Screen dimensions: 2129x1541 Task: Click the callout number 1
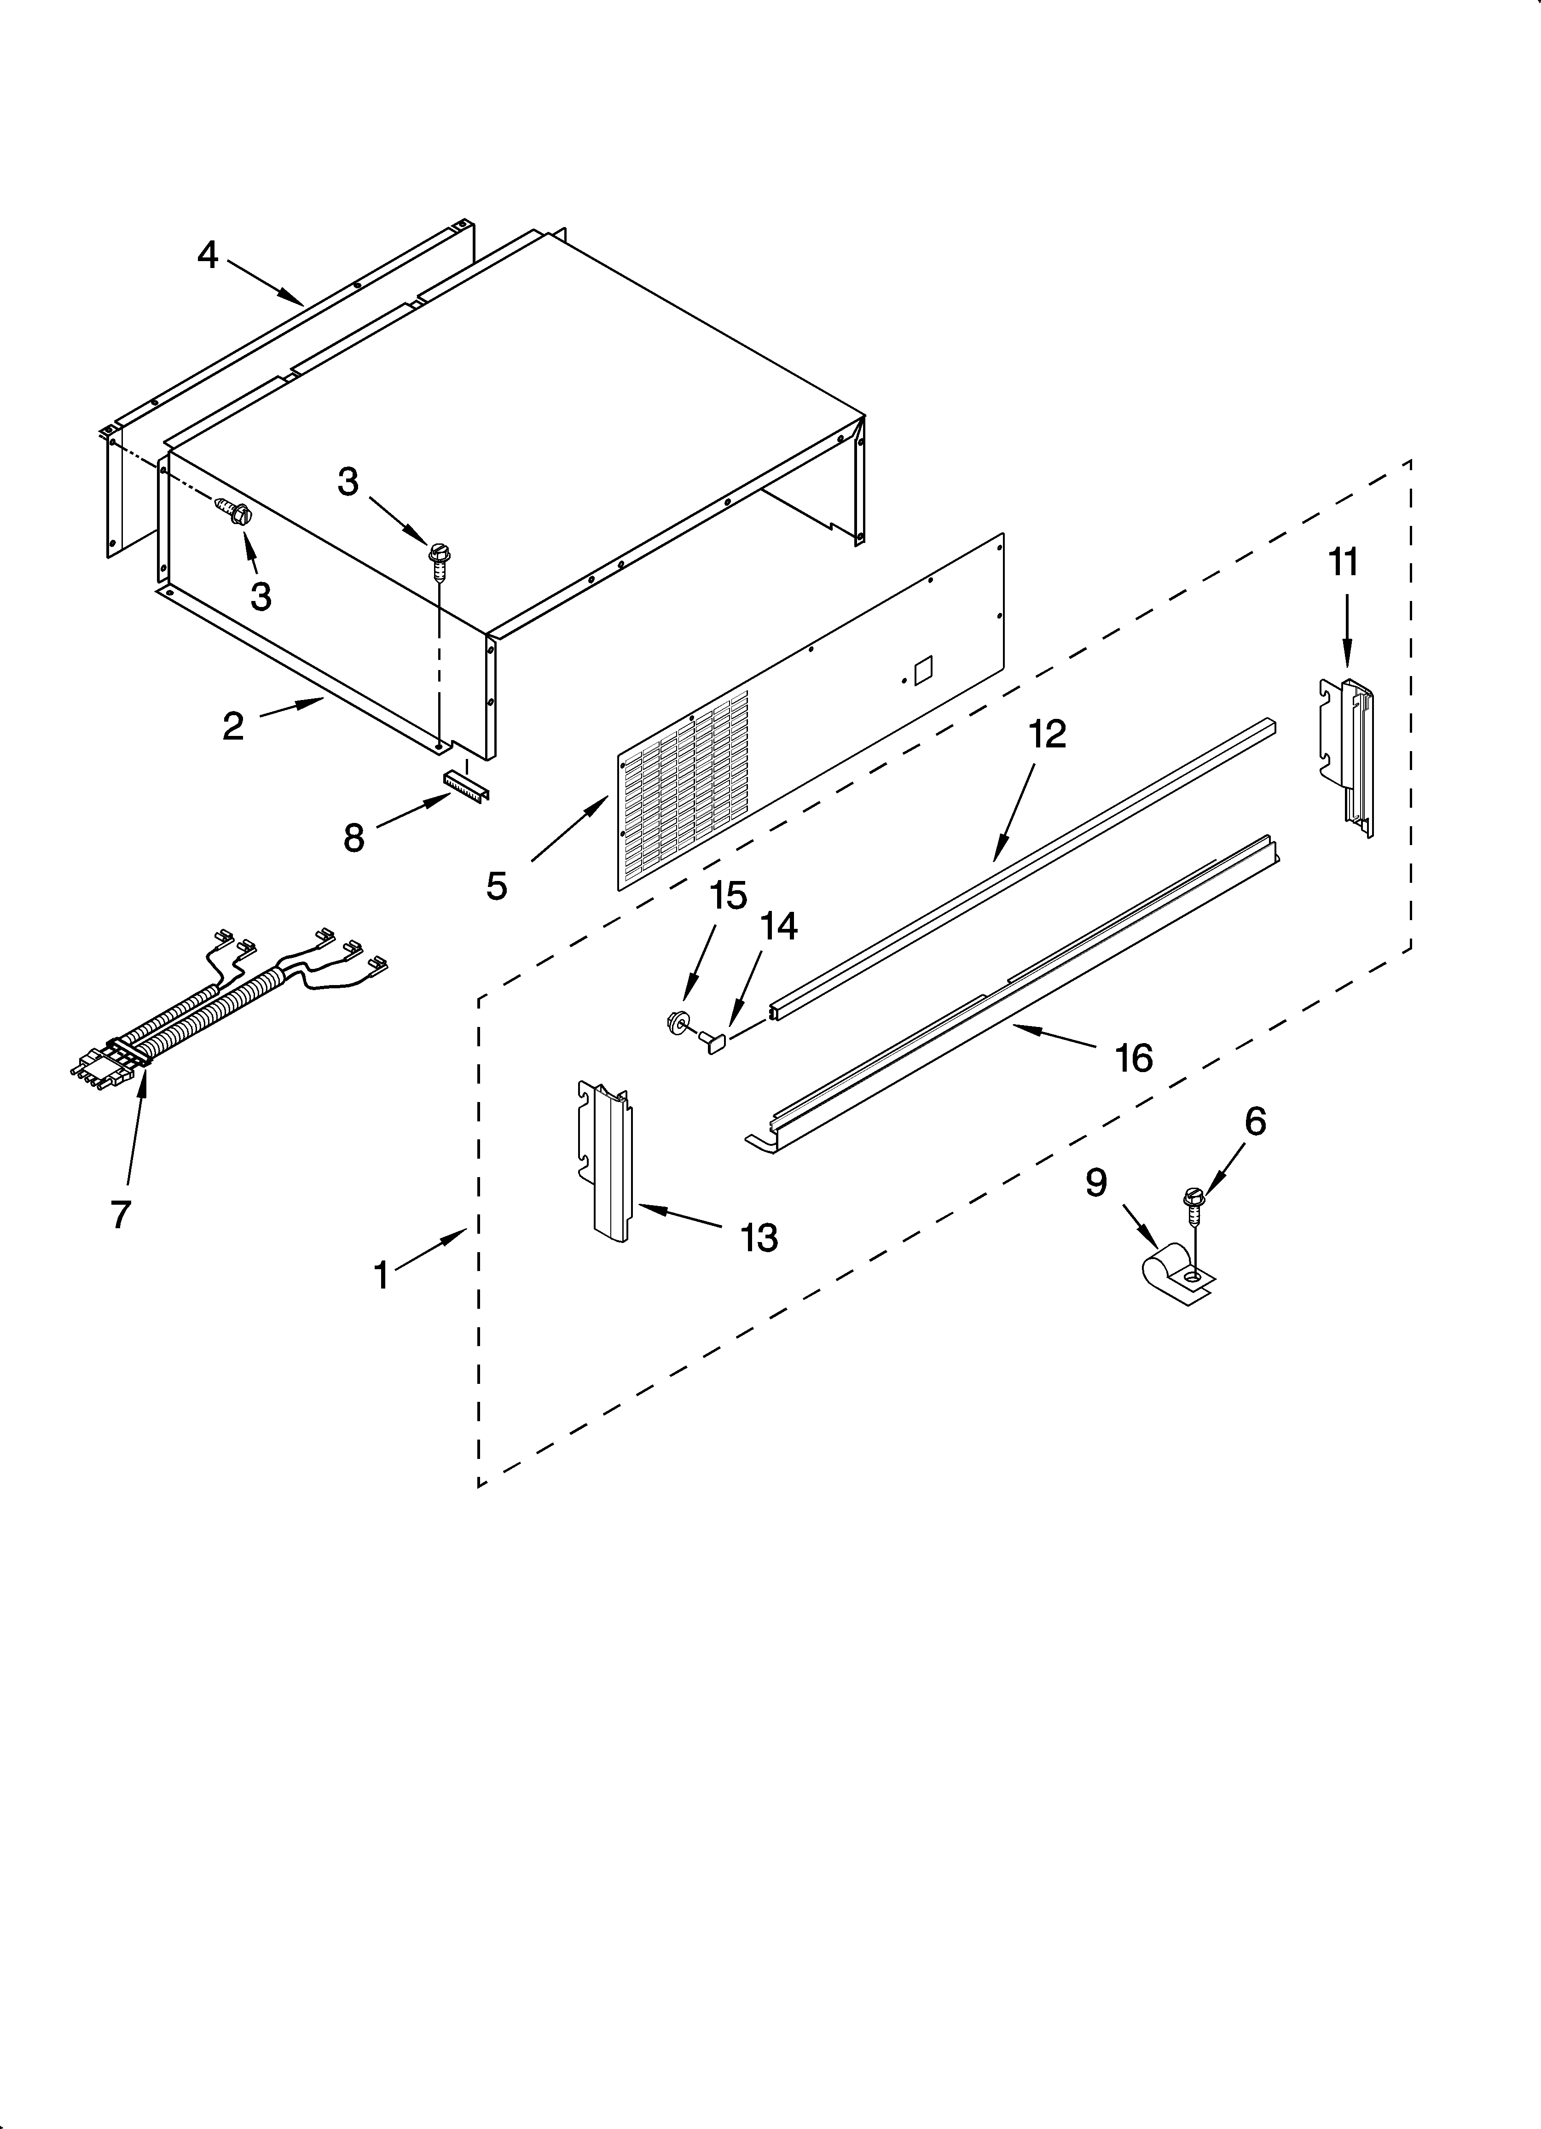(x=381, y=1275)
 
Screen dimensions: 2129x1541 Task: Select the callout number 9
(x=1096, y=1184)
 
